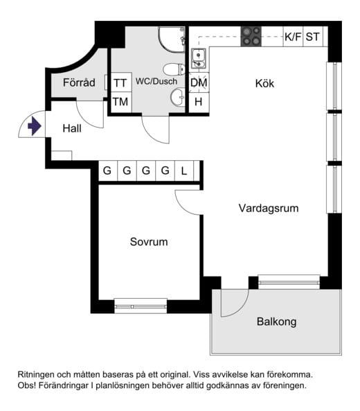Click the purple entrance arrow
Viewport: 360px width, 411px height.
(x=35, y=126)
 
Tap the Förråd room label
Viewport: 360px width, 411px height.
(x=79, y=82)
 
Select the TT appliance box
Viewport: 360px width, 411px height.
(x=121, y=82)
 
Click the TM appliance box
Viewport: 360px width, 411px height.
(x=121, y=102)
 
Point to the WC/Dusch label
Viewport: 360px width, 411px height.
(x=156, y=81)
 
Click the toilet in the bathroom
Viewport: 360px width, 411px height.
(x=174, y=69)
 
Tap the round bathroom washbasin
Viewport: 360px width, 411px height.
(x=178, y=97)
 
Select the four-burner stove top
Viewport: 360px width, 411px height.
(x=251, y=37)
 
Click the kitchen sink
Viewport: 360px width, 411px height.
(x=199, y=58)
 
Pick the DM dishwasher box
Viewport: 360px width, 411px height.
(x=199, y=82)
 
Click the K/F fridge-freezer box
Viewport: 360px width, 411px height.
(x=293, y=37)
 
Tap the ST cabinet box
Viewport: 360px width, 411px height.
(x=313, y=37)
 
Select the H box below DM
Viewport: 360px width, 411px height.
(x=199, y=102)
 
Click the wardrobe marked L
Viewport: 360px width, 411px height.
(x=184, y=170)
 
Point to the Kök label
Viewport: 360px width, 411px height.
(x=264, y=84)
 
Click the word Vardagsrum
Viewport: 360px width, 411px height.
(x=269, y=208)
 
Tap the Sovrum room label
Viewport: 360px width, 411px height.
(x=149, y=242)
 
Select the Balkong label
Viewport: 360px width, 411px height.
(x=276, y=322)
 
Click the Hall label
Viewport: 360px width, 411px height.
(x=72, y=128)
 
